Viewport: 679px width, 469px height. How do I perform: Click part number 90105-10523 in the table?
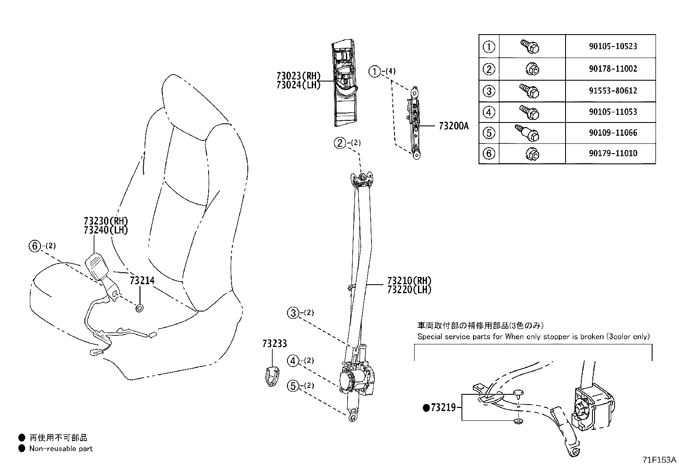pos(613,46)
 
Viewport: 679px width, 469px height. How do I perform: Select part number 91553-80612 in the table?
pos(613,91)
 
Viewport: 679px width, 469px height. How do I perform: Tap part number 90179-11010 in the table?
pos(613,153)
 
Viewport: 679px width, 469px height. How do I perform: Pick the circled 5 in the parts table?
pos(489,133)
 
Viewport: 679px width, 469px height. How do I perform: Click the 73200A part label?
pos(453,126)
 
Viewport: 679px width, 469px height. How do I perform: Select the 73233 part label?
pos(275,344)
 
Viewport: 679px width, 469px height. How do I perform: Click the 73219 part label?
pos(443,408)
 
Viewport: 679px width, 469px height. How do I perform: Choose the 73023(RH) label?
pos(298,76)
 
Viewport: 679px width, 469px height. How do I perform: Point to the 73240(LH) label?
pos(106,230)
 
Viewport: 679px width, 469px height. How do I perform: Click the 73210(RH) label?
pos(409,281)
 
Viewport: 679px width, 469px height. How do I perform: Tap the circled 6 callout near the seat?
pos(35,246)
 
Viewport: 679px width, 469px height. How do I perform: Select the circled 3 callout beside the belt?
pos(293,313)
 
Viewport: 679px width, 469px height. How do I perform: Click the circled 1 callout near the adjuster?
pos(374,72)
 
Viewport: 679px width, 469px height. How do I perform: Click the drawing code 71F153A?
pos(659,460)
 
